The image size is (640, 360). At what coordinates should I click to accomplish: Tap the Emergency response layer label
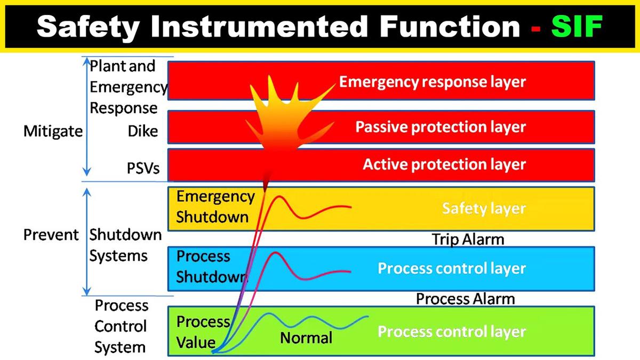433,82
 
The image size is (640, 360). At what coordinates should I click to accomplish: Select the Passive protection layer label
441,127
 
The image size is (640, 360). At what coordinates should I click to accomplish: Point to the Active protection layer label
444,164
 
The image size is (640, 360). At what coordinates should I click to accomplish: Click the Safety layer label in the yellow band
484,209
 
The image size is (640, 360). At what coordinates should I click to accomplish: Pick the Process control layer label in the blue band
452,268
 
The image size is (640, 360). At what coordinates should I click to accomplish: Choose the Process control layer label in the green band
452,332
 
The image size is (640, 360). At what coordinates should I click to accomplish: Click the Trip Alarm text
468,239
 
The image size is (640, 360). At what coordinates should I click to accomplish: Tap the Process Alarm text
465,299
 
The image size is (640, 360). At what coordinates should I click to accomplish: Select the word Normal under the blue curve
306,338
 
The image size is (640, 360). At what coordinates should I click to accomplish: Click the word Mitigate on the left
53,131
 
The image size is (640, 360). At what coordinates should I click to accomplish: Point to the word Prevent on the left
51,235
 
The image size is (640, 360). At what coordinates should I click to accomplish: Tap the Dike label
143,131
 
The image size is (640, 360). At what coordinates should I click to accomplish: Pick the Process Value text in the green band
203,332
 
